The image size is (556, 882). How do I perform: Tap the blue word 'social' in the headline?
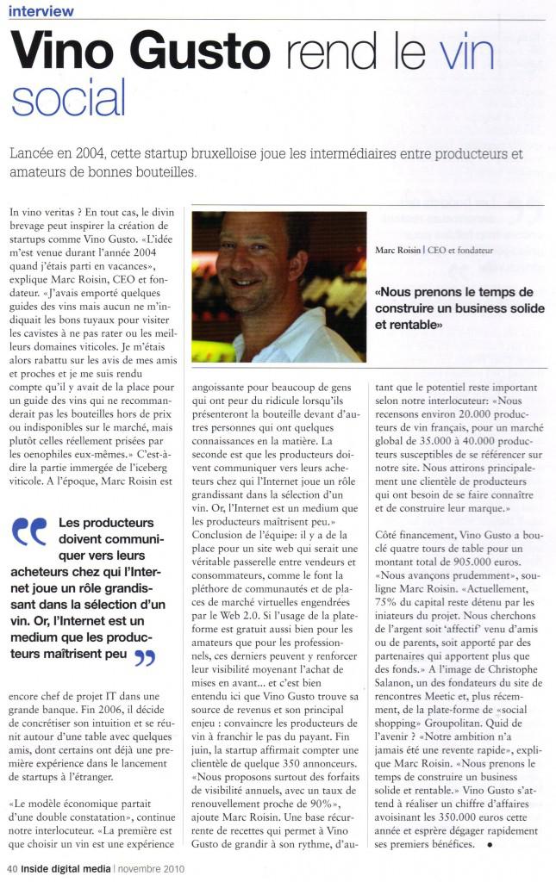pyautogui.click(x=68, y=97)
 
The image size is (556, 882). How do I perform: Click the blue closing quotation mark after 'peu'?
pyautogui.click(x=144, y=659)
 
